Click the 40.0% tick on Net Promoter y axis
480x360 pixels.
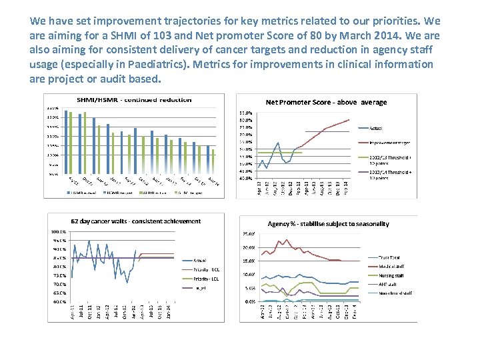[x=246, y=178]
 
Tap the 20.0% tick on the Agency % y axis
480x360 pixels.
[x=249, y=247]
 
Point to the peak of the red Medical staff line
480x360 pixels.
[x=287, y=240]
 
